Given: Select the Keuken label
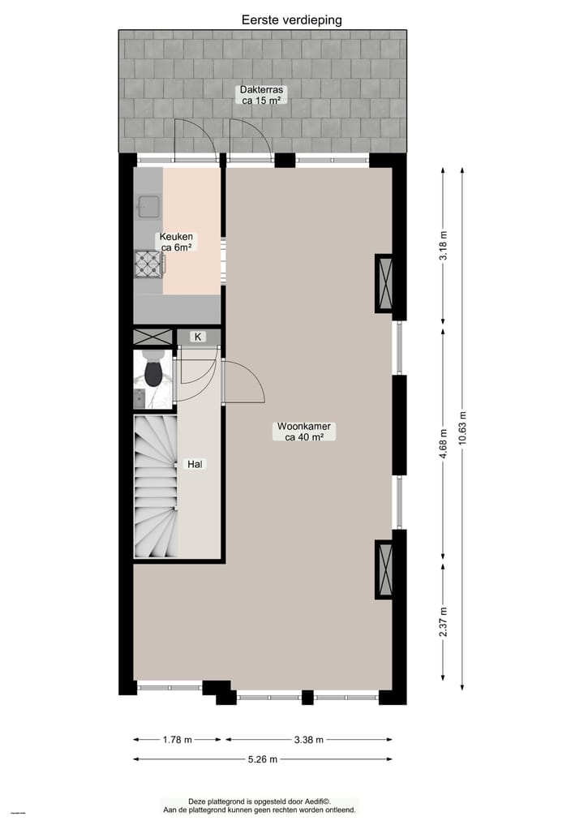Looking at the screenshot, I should pos(176,242).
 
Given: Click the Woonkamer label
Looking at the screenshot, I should pos(305,431).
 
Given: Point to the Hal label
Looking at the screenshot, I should pos(195,464).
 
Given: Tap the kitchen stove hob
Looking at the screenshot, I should pos(149,262).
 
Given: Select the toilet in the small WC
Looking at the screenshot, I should pos(152,372).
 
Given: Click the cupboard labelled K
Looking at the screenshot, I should pos(197,336).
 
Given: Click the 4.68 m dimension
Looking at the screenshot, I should pos(443,444).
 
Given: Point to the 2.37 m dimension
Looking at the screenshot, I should pos(443,621).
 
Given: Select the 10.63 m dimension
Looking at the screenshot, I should pos(463,426).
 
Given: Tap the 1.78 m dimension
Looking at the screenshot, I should pos(177,740).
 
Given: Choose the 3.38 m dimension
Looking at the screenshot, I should pos(308,740).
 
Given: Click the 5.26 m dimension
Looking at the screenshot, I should pos(262,759).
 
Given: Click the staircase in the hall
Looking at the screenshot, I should pos(155,487).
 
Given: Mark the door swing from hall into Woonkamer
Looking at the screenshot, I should pos(243,383).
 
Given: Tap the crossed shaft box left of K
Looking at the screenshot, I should pos(152,337).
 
